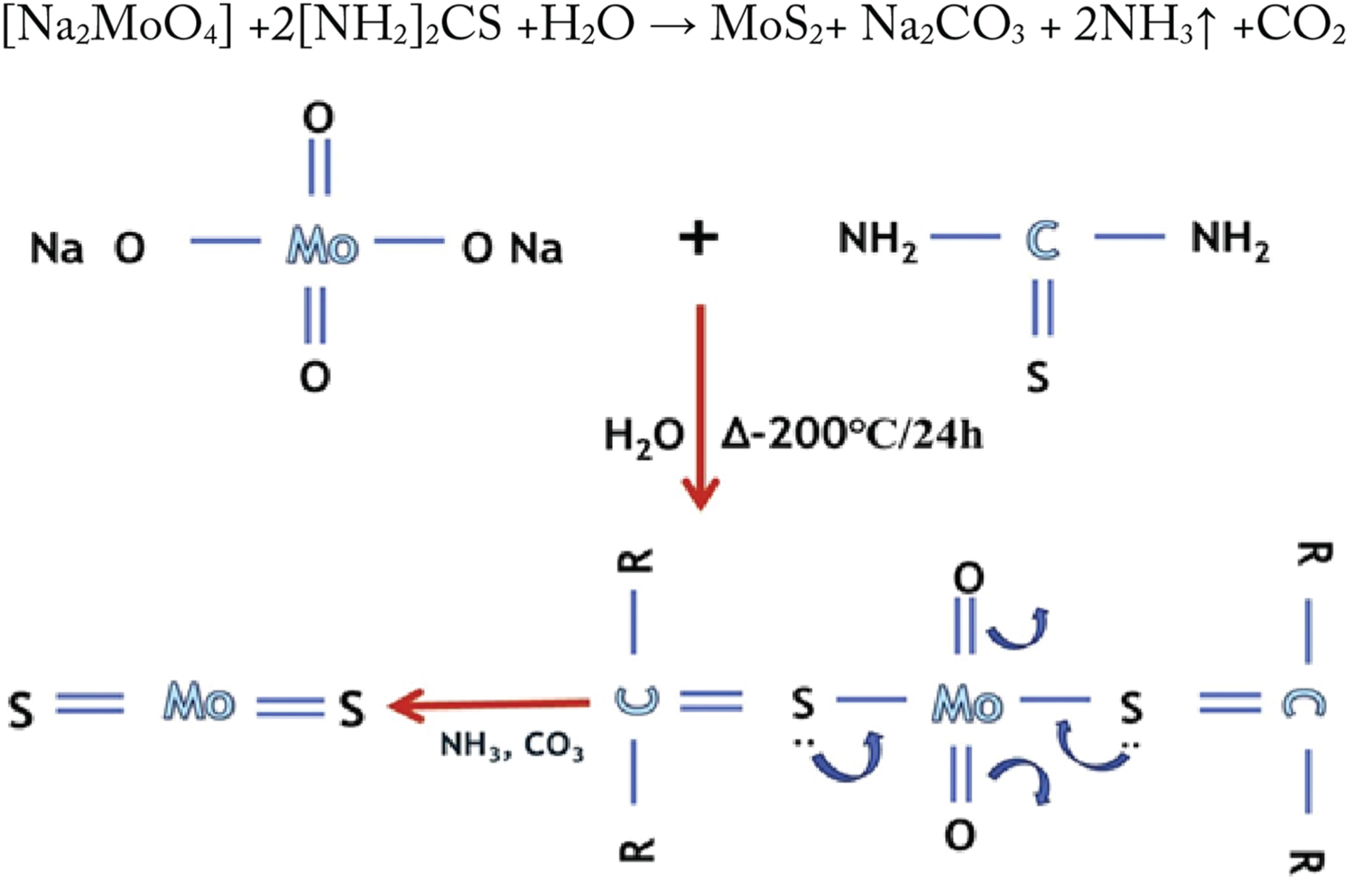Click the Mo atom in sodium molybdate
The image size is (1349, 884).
pyautogui.click(x=321, y=247)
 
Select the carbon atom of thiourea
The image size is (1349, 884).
pyautogui.click(x=1042, y=241)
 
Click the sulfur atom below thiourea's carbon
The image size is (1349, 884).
pyautogui.click(x=1038, y=376)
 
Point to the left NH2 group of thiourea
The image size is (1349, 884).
pyautogui.click(x=877, y=240)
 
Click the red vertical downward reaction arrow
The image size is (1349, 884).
pyautogui.click(x=700, y=404)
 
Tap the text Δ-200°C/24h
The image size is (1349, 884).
pyautogui.click(x=851, y=436)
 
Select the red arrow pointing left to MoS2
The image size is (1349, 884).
pyautogui.click(x=490, y=705)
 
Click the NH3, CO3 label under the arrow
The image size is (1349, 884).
pyautogui.click(x=512, y=746)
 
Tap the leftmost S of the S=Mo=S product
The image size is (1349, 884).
pyautogui.click(x=21, y=710)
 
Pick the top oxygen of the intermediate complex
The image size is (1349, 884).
pyautogui.click(x=968, y=578)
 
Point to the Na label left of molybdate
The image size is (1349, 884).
pyautogui.click(x=57, y=248)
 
